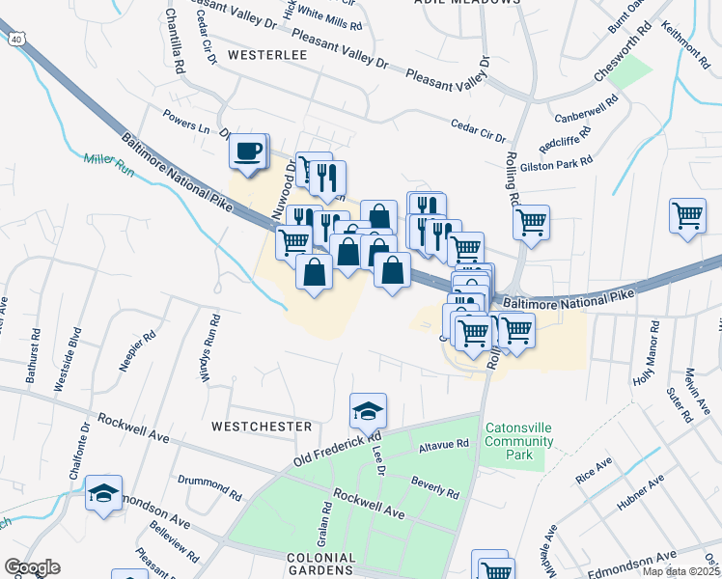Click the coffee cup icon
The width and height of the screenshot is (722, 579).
pos(249,152)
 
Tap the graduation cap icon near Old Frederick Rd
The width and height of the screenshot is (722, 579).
pos(368,412)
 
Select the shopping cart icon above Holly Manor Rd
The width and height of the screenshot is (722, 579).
pos(687,215)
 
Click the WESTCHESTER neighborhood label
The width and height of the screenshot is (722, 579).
pos(263,426)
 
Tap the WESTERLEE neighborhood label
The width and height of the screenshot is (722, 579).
pos(267,55)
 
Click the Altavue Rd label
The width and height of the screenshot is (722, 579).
pos(443,447)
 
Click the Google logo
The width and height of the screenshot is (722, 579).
pos(32,567)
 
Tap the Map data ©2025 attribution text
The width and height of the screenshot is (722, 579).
pos(680,571)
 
